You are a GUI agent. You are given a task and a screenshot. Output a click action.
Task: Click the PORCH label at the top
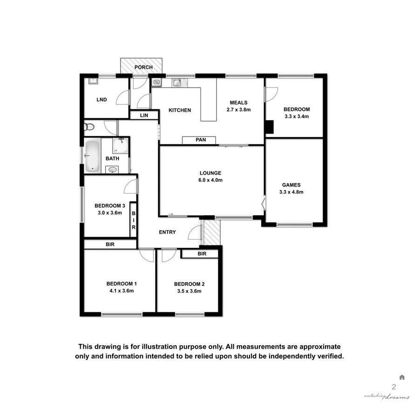143,68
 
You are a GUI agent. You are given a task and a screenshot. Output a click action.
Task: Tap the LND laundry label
101,100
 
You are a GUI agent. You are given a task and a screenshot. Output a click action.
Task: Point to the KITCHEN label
180,110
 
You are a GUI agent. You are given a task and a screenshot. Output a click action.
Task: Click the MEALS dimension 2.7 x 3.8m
238,110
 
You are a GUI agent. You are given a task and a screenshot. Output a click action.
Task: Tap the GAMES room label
291,184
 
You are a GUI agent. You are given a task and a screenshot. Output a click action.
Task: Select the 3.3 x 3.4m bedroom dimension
297,117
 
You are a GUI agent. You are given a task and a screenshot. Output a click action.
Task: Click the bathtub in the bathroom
92,155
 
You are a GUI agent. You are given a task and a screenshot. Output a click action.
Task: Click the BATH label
112,159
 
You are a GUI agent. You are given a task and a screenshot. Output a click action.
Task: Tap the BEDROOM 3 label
110,206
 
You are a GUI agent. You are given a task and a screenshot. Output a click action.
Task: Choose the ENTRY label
167,232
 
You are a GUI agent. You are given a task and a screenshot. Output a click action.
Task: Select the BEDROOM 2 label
189,284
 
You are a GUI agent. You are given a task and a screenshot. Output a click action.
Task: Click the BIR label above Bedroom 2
202,254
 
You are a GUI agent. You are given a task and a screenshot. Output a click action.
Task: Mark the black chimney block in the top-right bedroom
269,127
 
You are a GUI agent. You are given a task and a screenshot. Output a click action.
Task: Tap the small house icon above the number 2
402,377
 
